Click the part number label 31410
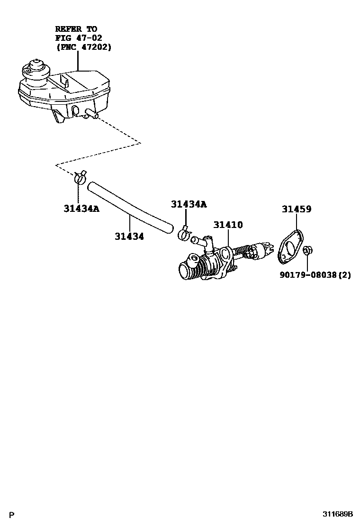coord(227,225)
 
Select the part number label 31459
coord(297,209)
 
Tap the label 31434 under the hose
coord(129,236)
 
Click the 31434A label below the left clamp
coord(81,208)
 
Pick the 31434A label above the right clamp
coord(189,204)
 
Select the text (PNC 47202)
coord(83,47)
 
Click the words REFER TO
coord(76,28)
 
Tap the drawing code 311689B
coord(338,514)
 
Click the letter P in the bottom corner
coord(12,515)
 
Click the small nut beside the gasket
coord(306,250)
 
